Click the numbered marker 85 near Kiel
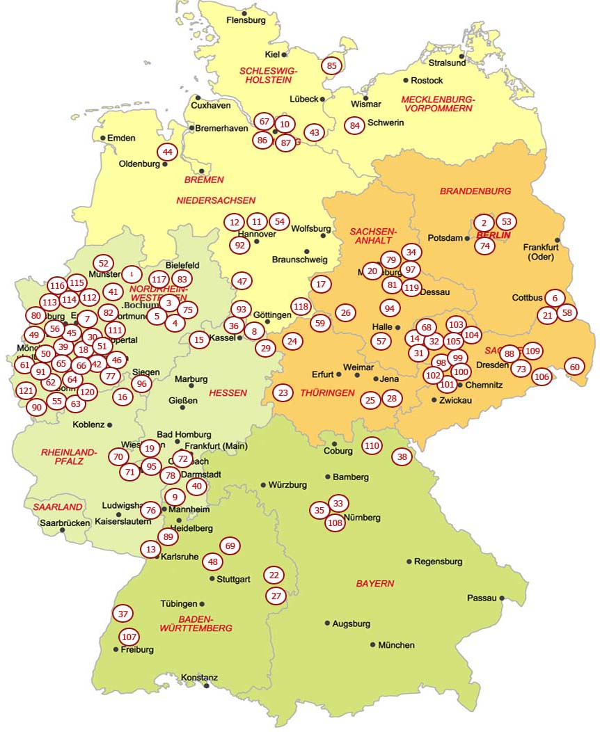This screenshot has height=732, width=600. (331, 66)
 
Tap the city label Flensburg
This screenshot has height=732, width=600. (246, 20)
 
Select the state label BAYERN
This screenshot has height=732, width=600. (375, 584)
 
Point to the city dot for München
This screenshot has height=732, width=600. (373, 644)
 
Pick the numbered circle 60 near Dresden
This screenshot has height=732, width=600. (574, 367)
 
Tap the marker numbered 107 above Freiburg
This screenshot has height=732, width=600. (129, 637)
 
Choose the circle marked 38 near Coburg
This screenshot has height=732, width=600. (402, 457)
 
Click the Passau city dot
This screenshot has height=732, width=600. (501, 598)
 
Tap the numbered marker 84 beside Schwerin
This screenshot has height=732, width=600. (355, 126)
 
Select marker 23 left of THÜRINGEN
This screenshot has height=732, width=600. (283, 392)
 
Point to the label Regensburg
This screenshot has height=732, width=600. (439, 562)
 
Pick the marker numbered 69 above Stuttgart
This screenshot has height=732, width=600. (230, 546)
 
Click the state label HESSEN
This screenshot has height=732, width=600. (228, 392)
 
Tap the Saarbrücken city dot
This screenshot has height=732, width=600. (63, 530)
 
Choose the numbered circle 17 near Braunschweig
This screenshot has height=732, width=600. (320, 284)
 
